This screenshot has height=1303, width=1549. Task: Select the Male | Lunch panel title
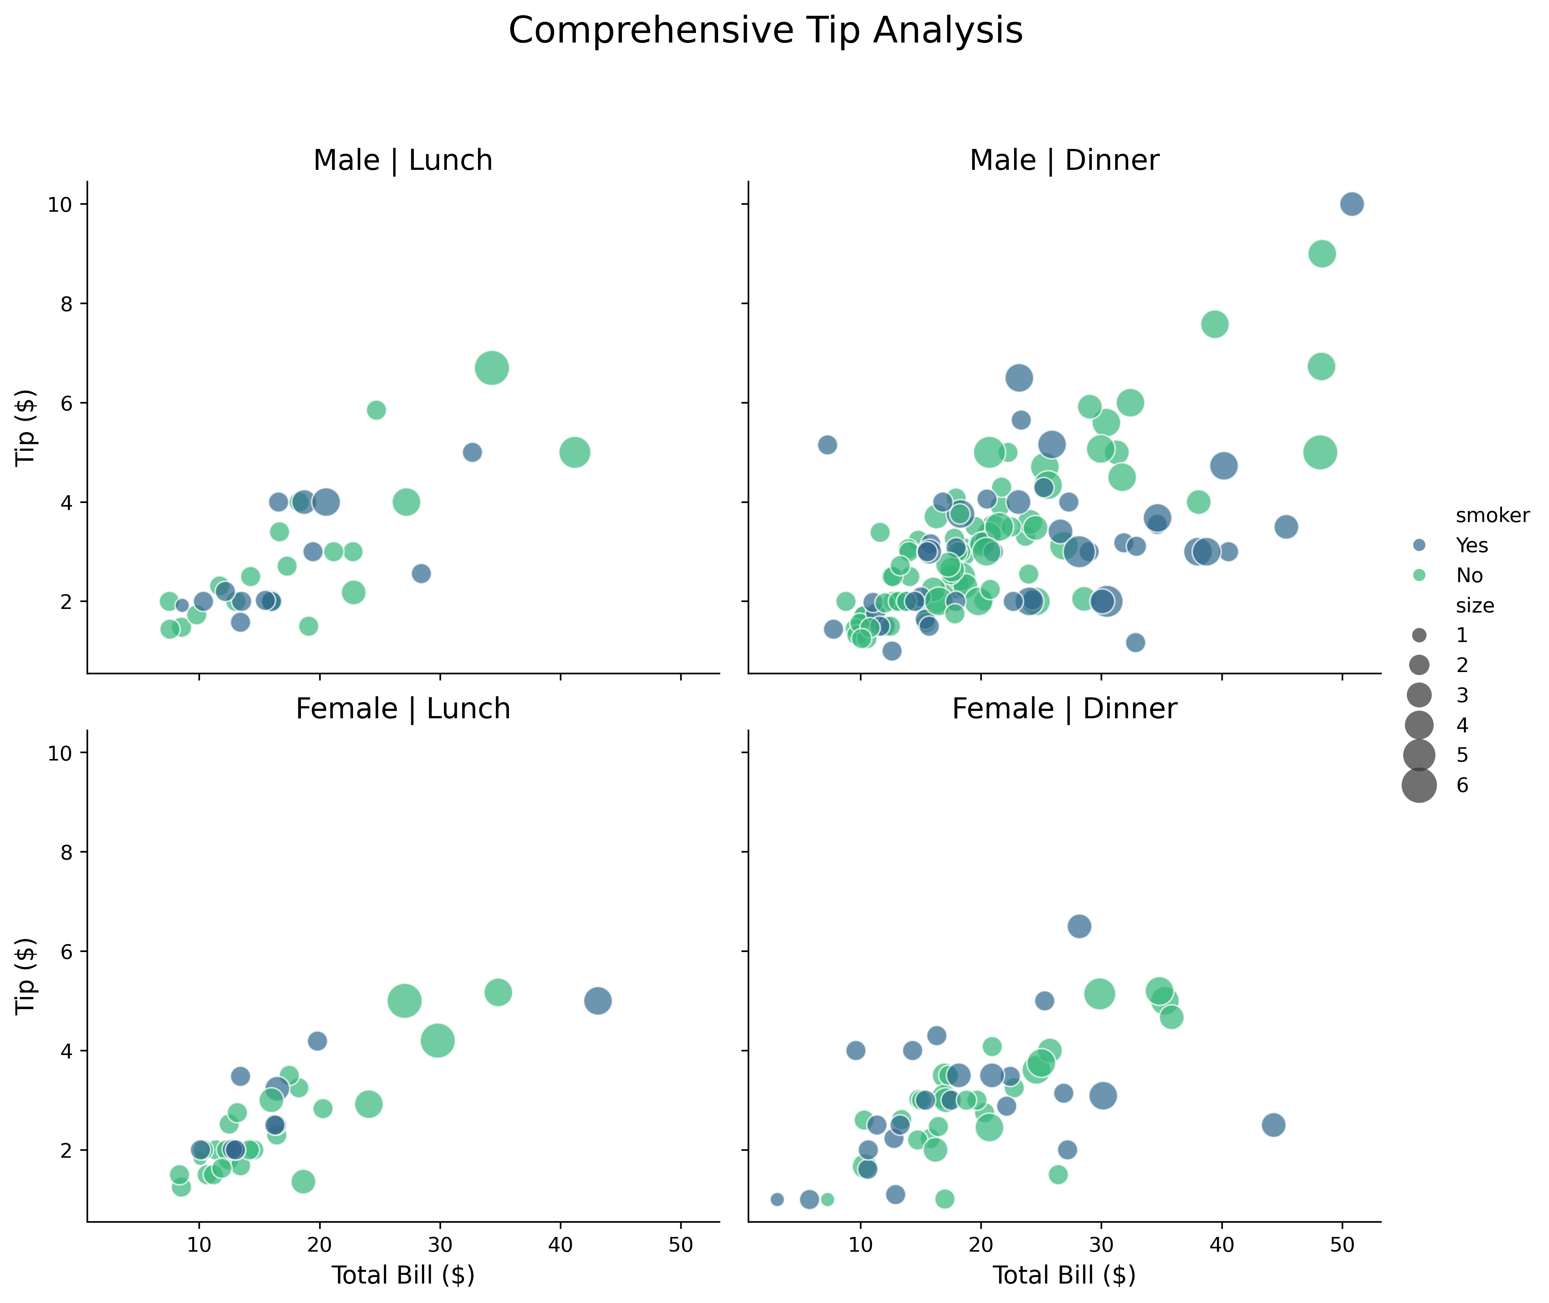(402, 160)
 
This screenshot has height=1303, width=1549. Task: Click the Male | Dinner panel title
(1064, 160)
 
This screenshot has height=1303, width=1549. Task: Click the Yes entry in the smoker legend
(1472, 545)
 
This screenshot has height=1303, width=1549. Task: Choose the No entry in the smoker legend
(1469, 576)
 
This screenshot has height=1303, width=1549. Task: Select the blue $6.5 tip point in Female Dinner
(1079, 926)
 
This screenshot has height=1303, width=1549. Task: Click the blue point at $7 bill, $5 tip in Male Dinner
(827, 445)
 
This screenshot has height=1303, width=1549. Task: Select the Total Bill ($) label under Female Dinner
(1064, 1275)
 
